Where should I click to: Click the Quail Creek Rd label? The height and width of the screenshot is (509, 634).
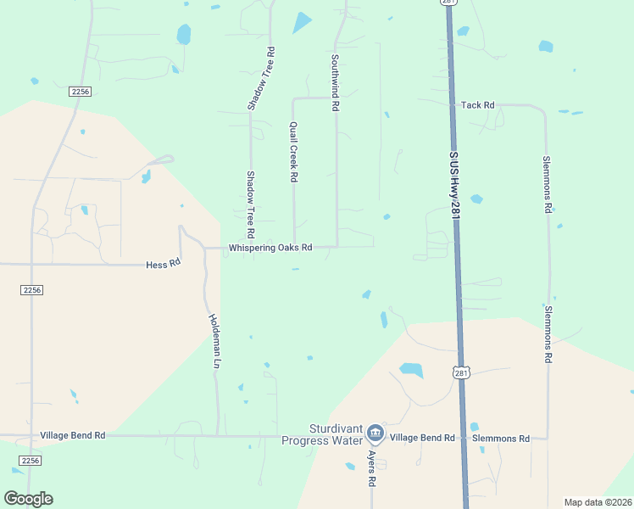pos(293,152)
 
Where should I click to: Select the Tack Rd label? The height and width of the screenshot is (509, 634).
pos(477,105)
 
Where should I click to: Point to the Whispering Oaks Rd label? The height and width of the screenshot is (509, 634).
pos(270,248)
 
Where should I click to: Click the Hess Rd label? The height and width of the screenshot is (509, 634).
pos(164,264)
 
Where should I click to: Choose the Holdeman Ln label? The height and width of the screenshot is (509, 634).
pos(214,341)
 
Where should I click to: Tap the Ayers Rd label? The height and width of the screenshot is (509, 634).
pos(371,467)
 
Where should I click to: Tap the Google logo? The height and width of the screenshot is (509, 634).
pos(28,499)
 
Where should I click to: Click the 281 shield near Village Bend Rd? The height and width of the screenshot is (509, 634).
pos(460,373)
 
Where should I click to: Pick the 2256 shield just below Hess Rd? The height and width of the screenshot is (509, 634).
pos(31,290)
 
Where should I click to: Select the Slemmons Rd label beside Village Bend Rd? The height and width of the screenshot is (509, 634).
pos(501,439)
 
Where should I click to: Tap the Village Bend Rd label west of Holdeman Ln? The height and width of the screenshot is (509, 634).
pos(73,435)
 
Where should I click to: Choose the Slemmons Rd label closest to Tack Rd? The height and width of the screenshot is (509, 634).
pos(548,184)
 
